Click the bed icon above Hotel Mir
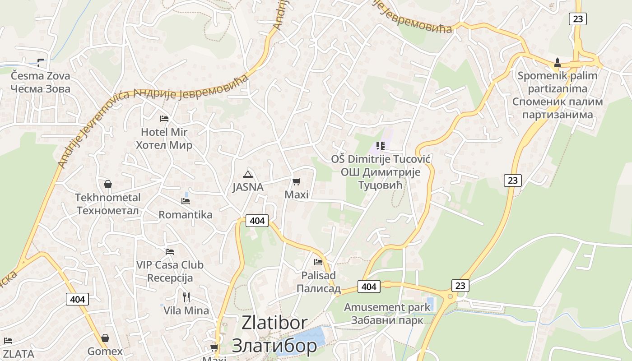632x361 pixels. [x=164, y=119]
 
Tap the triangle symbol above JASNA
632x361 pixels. [x=247, y=174]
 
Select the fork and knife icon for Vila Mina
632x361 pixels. [x=186, y=297]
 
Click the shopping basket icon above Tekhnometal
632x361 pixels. [x=108, y=184]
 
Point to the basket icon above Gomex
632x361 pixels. [x=105, y=338]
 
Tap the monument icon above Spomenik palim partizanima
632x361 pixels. [x=558, y=63]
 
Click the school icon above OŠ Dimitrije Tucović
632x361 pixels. [x=380, y=145]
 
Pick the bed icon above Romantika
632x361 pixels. [x=185, y=201]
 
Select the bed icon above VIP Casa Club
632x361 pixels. [x=170, y=251]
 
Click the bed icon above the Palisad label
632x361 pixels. [x=318, y=262]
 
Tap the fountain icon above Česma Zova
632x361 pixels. [x=41, y=62]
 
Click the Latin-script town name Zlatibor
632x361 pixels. [x=274, y=323]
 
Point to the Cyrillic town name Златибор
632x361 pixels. [x=274, y=346]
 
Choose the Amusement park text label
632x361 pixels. [x=387, y=307]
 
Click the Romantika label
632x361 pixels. [x=185, y=215]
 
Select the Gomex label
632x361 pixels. [x=105, y=352]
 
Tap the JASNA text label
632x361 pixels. [x=248, y=187]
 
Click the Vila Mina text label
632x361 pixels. [x=186, y=310]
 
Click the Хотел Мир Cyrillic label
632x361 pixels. [x=164, y=145]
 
